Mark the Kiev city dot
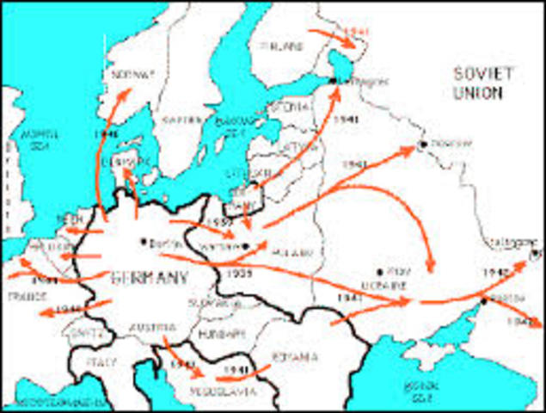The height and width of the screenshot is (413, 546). coord(379,271)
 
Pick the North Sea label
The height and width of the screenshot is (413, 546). coord(40,139)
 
